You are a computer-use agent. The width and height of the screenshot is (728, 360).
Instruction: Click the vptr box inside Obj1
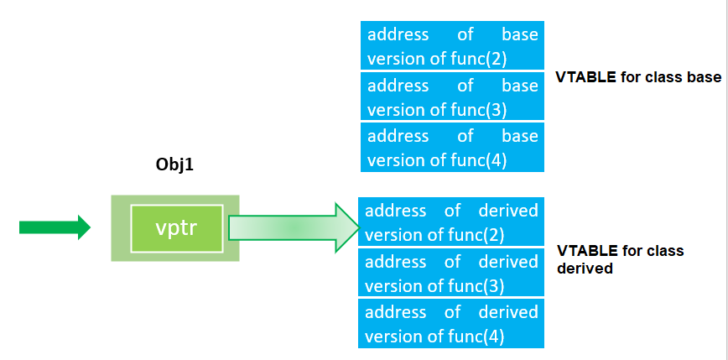coord(176,228)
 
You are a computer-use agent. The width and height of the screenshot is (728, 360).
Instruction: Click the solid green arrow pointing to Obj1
coord(55,227)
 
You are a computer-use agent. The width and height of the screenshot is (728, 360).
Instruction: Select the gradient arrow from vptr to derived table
coord(293,227)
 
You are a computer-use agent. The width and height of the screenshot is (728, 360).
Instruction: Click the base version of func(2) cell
coord(452,46)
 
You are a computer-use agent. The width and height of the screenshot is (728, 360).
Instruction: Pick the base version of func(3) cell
coord(452,97)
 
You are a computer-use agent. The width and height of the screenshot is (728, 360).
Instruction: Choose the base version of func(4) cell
coord(452,147)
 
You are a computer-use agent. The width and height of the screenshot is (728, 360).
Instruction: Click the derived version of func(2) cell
coord(451,222)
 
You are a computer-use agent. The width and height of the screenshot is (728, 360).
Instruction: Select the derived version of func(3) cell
coord(451,273)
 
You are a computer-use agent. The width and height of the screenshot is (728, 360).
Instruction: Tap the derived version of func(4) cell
coord(451,323)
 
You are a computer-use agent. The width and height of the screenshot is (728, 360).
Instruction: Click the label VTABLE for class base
coord(637,77)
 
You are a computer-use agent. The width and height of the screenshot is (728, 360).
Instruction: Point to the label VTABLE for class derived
coord(620,259)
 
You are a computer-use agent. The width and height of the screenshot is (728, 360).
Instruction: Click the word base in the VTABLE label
coord(704,77)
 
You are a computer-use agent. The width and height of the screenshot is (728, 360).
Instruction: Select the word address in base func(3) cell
coord(398,86)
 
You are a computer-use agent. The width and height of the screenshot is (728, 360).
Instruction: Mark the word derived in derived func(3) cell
coord(508,262)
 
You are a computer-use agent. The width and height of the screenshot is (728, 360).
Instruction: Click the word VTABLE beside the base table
coord(585,77)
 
